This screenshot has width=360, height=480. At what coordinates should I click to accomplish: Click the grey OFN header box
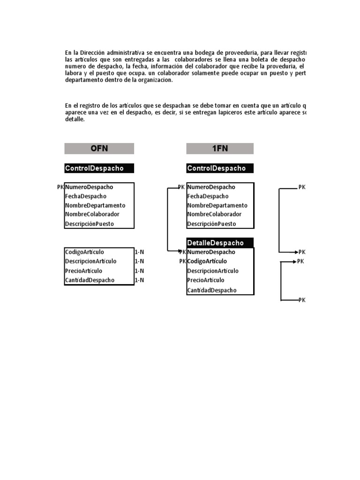[99, 149]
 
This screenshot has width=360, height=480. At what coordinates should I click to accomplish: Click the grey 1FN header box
[220, 149]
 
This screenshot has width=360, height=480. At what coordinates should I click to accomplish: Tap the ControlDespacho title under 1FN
[216, 168]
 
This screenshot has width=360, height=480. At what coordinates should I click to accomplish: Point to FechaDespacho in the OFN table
[86, 196]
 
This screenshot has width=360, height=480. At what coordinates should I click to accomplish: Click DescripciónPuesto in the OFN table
[90, 224]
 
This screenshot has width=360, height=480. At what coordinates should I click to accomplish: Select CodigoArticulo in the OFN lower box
[85, 252]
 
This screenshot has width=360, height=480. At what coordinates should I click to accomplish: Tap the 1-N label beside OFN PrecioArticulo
[139, 271]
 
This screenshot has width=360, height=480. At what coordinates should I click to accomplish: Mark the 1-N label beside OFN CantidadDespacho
[139, 280]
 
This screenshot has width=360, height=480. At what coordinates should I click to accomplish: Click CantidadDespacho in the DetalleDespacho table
[212, 290]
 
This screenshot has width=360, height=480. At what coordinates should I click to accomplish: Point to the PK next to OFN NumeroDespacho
[60, 187]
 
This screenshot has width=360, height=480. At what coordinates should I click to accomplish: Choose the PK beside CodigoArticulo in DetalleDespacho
[182, 262]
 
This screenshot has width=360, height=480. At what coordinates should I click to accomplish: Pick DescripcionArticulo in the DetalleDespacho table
[213, 271]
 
